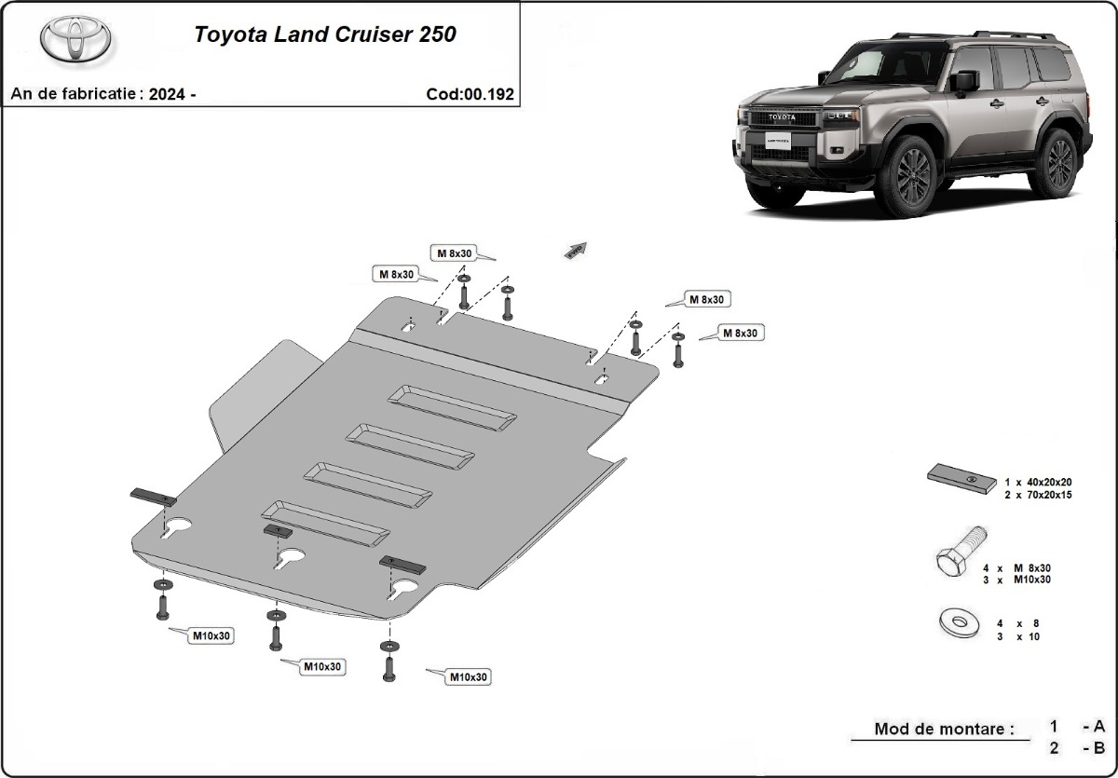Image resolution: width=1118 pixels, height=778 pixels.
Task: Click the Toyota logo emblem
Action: point(75,40)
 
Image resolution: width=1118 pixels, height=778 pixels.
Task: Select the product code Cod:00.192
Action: point(470,94)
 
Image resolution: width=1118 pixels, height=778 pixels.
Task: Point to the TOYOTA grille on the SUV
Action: point(781,117)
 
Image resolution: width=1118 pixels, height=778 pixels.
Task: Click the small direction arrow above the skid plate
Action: point(576,249)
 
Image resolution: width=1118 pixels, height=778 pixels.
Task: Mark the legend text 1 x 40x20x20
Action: point(1037,483)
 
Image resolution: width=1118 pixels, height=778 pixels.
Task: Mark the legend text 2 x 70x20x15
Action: point(1037,495)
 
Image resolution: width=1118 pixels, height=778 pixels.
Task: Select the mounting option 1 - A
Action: point(1077,726)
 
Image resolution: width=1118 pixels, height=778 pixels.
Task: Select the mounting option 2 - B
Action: point(1077,747)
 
